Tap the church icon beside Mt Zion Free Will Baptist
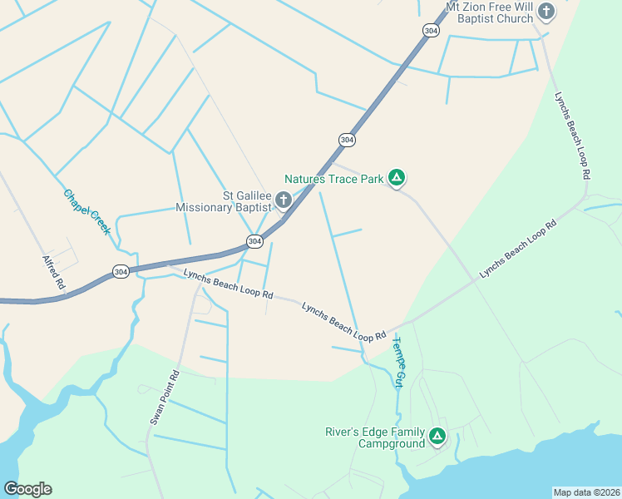546,11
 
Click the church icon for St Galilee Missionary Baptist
283,200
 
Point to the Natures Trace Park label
333,178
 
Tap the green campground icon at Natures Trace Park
397,177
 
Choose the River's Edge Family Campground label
375,437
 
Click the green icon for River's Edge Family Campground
437,435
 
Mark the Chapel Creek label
86,211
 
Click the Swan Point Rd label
164,398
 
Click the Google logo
27,488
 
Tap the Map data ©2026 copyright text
585,492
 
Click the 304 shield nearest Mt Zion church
430,30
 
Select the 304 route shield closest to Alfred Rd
121,272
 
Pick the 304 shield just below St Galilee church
254,241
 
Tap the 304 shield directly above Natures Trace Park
347,140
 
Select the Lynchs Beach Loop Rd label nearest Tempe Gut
344,321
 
